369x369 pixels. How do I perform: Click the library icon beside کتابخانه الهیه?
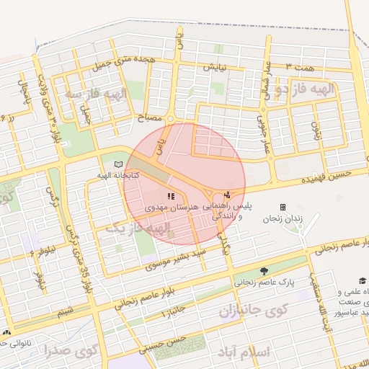(x=119, y=164)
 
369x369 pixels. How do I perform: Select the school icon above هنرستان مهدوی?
(x=171, y=195)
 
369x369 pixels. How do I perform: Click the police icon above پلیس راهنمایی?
(x=228, y=194)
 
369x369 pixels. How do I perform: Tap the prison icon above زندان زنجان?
(x=283, y=207)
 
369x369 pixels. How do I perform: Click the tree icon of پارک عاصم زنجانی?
(x=264, y=271)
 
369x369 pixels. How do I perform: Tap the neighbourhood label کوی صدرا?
(x=66, y=352)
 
